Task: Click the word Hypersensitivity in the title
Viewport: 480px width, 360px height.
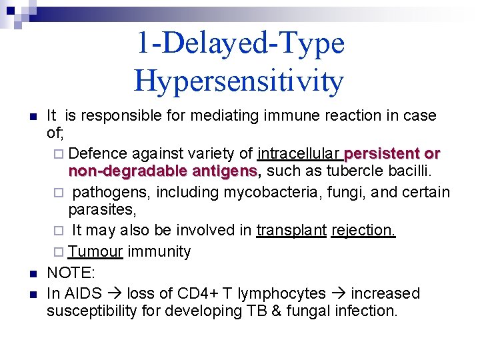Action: [x=239, y=81]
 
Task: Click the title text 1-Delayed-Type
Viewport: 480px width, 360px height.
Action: [x=240, y=43]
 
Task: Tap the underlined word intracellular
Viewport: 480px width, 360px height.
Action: [x=299, y=154]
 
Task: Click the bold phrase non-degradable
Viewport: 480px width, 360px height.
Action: [x=129, y=171]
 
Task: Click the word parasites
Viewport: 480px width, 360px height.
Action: [x=101, y=210]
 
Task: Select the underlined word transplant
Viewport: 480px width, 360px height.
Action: [x=291, y=231]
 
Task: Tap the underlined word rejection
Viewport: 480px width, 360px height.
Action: [x=363, y=231]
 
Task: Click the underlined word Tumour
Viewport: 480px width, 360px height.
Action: [x=95, y=252]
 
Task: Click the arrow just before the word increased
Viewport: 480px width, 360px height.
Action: [x=339, y=293]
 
